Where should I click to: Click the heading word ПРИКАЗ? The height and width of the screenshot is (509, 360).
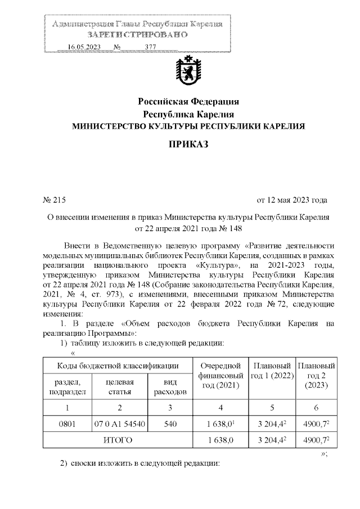(189, 145)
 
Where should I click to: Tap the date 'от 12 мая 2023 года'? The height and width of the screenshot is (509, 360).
(292, 200)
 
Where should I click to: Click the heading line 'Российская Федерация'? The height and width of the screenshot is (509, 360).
(189, 102)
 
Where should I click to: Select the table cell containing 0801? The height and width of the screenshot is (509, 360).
(67, 423)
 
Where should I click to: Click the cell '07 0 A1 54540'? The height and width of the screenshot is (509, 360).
(119, 423)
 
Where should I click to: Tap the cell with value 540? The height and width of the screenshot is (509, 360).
(170, 423)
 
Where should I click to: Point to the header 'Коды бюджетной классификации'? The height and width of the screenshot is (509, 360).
(118, 367)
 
